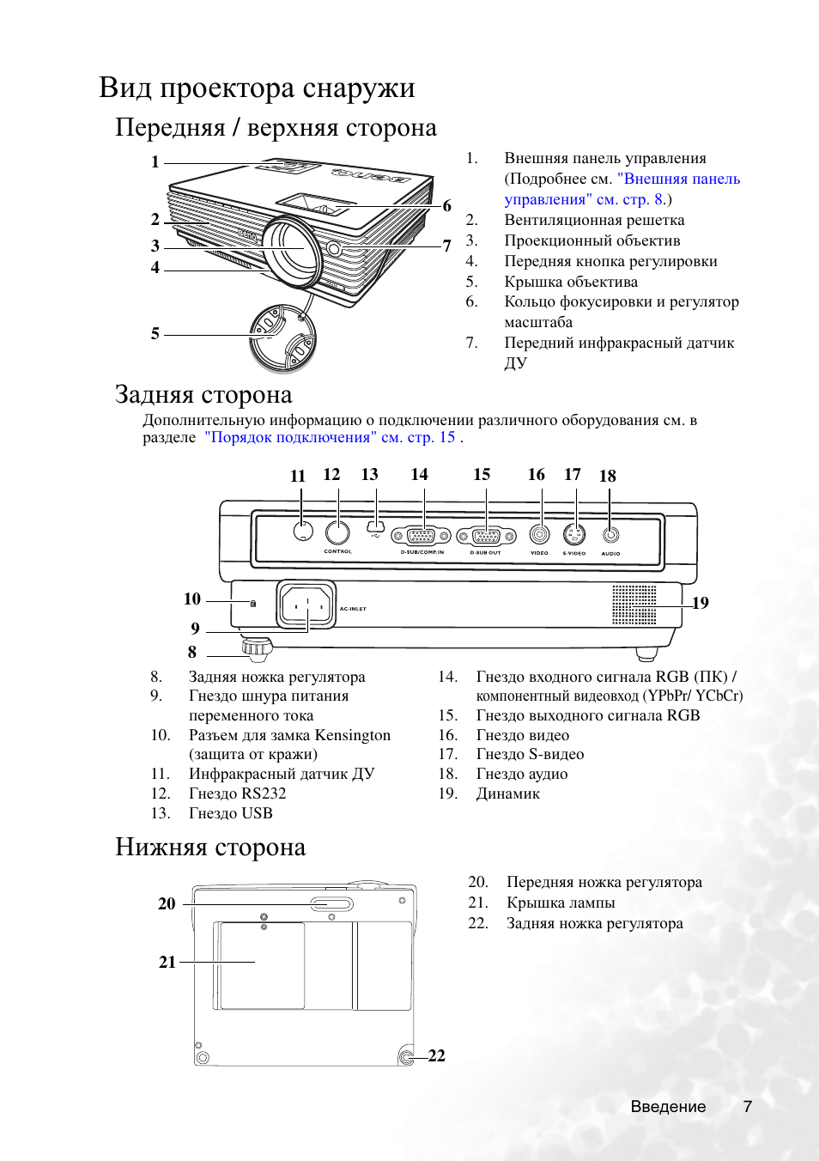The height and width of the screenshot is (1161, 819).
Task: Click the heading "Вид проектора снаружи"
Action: (257, 88)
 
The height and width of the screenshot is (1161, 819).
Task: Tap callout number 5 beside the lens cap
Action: (155, 334)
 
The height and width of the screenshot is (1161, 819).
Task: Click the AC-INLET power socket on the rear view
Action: (306, 605)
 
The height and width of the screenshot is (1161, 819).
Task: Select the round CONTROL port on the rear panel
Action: (337, 533)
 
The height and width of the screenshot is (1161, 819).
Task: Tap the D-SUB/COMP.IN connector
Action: (421, 537)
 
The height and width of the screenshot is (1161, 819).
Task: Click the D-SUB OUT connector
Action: (486, 537)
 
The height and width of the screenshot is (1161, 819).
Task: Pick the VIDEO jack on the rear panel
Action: (539, 535)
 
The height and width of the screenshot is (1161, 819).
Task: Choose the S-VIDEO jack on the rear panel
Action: (574, 535)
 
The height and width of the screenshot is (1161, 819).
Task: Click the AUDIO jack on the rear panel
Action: (610, 535)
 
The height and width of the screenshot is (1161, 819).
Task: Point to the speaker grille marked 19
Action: (634, 605)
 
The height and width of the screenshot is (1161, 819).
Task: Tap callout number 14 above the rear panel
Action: (419, 475)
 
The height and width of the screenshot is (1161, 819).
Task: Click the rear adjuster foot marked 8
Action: (256, 647)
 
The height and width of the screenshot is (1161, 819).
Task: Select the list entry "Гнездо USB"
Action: (230, 813)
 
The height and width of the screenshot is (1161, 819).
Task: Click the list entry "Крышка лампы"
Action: (561, 903)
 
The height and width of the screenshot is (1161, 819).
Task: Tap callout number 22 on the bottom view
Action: (436, 1056)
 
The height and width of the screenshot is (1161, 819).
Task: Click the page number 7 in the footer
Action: (748, 1107)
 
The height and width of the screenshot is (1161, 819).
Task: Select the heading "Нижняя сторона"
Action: (210, 848)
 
